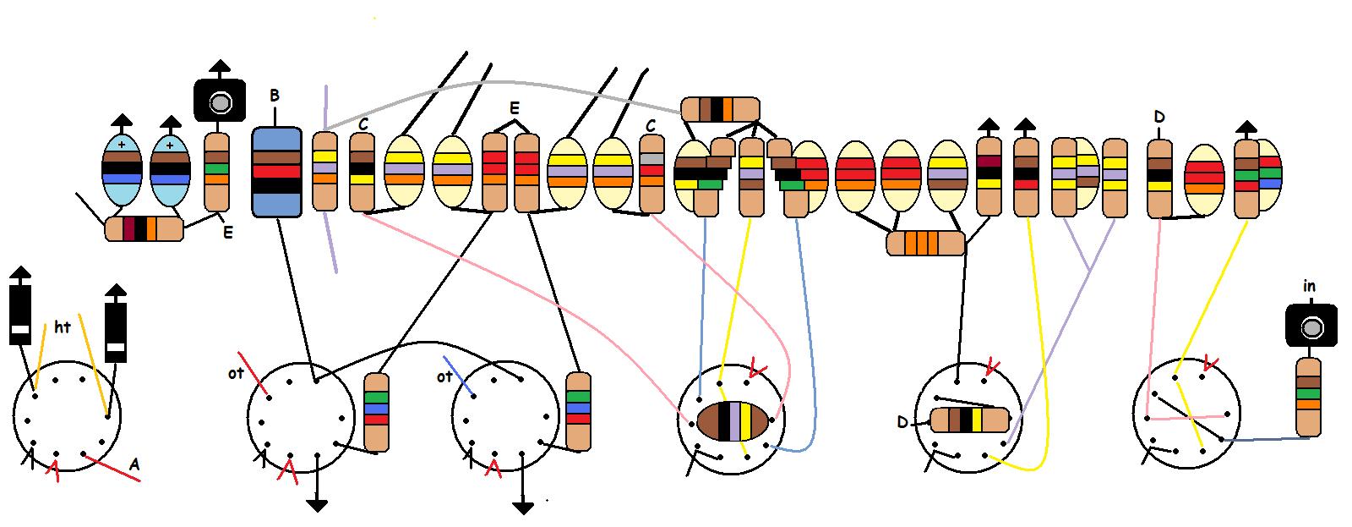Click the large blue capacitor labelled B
point(276,172)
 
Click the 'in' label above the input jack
point(1309,287)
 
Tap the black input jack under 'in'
point(1311,327)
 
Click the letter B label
point(275,96)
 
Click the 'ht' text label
point(63,327)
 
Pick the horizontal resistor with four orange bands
point(925,244)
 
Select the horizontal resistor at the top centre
point(720,109)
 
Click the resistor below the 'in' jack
point(1308,398)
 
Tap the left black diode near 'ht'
point(19,314)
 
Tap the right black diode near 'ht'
point(116,331)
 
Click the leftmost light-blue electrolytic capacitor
point(122,170)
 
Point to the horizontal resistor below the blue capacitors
point(144,229)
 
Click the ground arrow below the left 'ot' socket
point(317,505)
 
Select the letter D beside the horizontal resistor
point(902,421)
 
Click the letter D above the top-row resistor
point(1158,117)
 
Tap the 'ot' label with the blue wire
point(444,377)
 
